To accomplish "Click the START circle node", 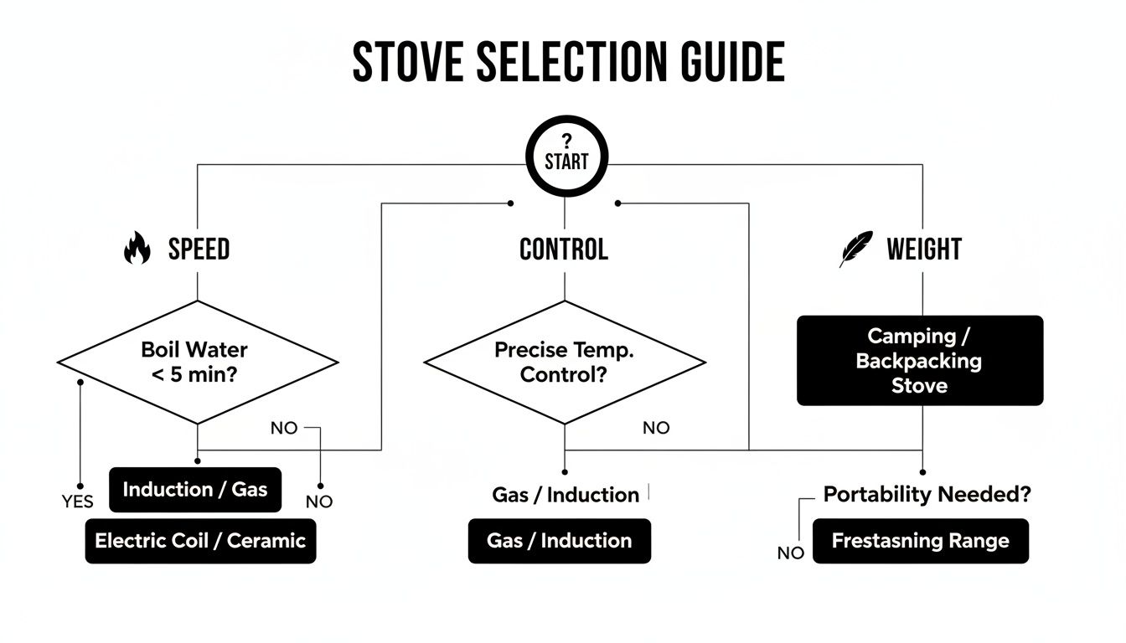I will click(566, 156).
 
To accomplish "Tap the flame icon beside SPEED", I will click(137, 249).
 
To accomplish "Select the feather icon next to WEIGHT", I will click(856, 249).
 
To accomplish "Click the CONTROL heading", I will click(564, 249).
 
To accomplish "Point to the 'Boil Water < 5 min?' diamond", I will click(198, 362).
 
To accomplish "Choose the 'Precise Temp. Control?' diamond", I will click(564, 362).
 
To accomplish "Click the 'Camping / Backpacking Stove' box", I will click(919, 361).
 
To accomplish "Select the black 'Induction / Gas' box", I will click(195, 490).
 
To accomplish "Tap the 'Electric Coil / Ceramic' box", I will click(200, 540).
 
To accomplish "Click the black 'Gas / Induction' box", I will click(559, 541).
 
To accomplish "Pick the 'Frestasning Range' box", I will click(920, 541).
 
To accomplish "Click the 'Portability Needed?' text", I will click(927, 495).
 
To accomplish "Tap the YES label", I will click(77, 502).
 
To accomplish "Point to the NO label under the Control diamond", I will click(656, 428).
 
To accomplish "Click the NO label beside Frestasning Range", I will click(791, 553).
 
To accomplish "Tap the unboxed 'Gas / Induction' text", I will click(566, 495).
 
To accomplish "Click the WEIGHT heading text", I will click(924, 249).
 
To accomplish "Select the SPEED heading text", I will click(199, 249).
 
